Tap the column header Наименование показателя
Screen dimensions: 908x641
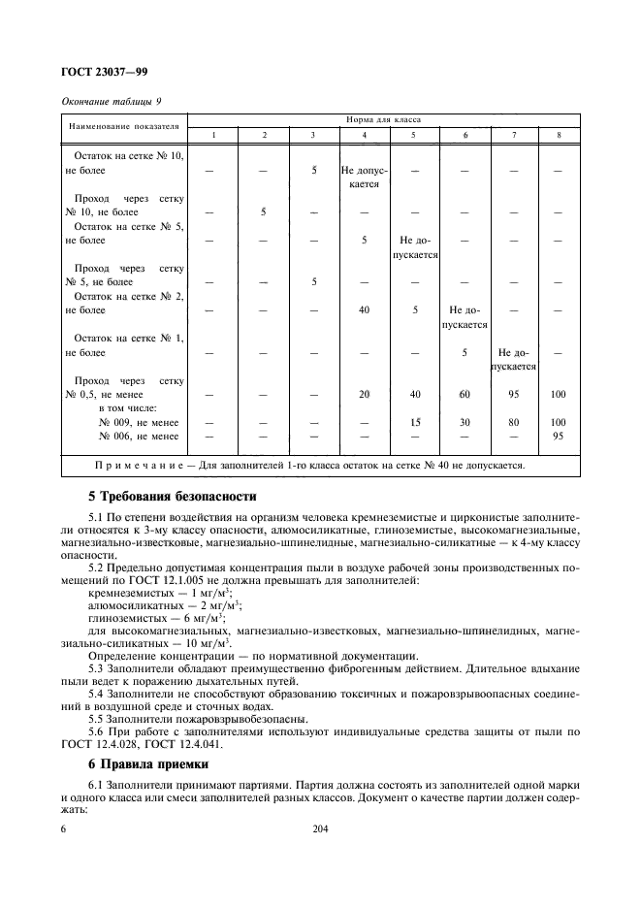[123, 126]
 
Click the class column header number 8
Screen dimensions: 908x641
[557, 134]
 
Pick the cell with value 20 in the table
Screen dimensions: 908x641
[364, 395]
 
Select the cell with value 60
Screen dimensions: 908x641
[465, 395]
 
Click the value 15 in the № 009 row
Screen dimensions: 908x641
[414, 422]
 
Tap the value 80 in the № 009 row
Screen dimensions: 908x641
[514, 422]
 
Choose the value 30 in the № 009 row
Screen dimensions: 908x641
[465, 422]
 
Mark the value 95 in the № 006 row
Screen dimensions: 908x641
[557, 437]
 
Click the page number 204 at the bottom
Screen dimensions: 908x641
[321, 829]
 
